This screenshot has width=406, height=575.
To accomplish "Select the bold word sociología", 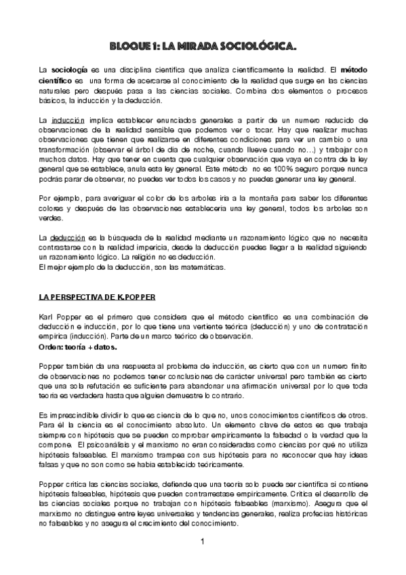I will [x=69, y=70].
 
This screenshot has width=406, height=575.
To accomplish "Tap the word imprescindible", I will [x=73, y=414].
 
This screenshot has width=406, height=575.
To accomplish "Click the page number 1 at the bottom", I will [x=203, y=543].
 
